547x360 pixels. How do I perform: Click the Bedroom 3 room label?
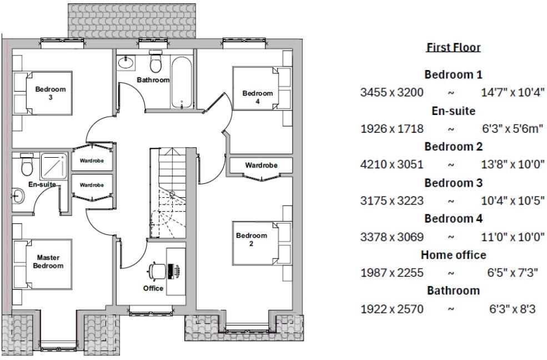tap(51, 93)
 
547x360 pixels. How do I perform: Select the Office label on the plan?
tap(153, 288)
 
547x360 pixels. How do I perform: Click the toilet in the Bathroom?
tap(155, 63)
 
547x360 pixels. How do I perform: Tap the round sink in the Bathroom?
tap(126, 63)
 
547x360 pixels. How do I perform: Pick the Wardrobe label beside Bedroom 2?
tap(261, 165)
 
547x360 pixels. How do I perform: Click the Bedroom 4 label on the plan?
tap(258, 97)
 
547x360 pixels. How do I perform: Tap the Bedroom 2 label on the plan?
tap(252, 239)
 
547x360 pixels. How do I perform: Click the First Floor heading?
tap(453, 48)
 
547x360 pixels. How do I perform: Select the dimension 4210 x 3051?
tap(392, 164)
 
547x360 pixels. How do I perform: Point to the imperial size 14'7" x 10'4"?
tap(513, 92)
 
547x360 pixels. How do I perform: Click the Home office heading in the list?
tap(453, 255)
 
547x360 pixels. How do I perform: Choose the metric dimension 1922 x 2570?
tap(392, 309)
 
